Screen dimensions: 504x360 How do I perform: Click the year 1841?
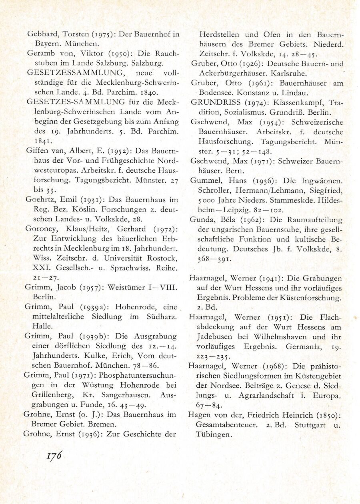pyautogui.click(x=42, y=141)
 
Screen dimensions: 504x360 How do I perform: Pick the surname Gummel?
pyautogui.click(x=203, y=180)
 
